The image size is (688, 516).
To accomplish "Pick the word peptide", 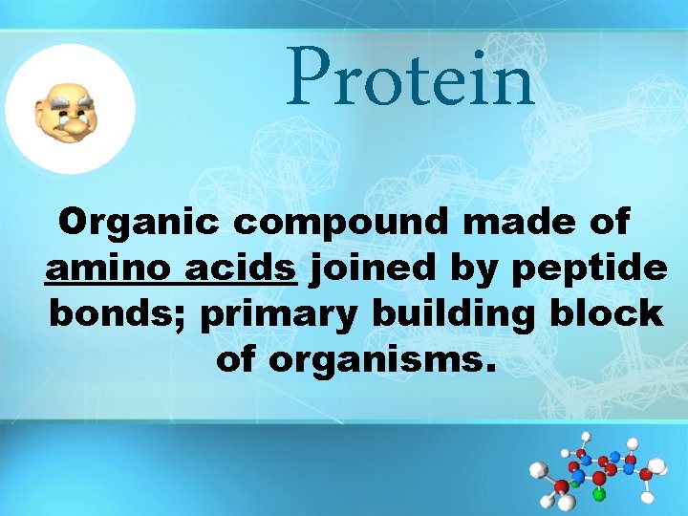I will pos(589,271).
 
